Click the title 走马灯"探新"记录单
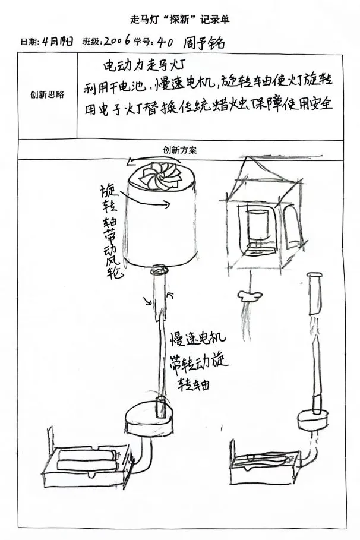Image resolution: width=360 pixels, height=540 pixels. [x=179, y=20]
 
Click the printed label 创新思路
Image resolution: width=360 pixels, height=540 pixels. [x=48, y=94]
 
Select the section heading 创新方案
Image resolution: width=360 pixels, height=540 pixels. [x=179, y=150]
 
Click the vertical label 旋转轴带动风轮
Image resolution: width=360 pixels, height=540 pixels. [x=111, y=232]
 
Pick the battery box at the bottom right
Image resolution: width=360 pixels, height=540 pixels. [x=264, y=465]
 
